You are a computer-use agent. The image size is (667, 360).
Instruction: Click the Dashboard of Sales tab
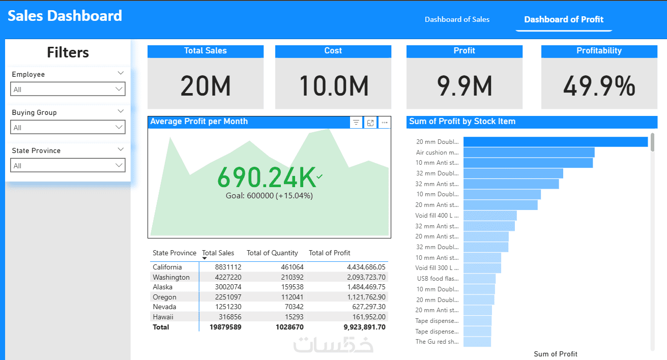457,20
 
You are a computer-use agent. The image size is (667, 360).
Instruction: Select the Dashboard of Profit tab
564,20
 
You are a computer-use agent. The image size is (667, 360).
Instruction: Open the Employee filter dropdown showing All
68,89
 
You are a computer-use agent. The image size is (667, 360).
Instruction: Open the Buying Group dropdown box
68,127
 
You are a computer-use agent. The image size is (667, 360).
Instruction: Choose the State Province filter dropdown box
68,165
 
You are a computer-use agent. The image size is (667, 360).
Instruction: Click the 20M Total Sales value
206,86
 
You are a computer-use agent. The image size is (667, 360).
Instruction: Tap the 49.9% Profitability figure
599,86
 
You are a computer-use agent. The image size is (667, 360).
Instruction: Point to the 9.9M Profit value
464,86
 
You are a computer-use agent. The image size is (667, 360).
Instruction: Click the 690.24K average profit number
267,177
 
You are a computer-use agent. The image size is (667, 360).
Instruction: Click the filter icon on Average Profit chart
356,123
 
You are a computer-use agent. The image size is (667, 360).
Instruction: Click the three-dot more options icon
385,123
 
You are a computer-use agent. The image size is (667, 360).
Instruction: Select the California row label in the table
167,267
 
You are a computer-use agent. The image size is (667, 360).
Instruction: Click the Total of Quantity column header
272,253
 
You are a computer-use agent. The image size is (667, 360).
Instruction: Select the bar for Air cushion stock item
529,152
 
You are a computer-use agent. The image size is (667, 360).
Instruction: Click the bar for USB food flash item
479,279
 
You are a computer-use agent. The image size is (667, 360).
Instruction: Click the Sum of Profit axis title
556,354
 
